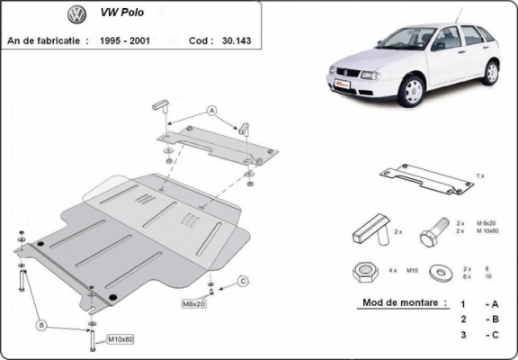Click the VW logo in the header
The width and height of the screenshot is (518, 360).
tap(76, 15)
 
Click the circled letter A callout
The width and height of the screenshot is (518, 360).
tap(213, 112)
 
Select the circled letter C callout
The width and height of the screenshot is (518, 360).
tap(242, 283)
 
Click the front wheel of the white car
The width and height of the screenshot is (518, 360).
tap(412, 90)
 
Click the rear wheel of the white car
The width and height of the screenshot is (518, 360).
tap(492, 70)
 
